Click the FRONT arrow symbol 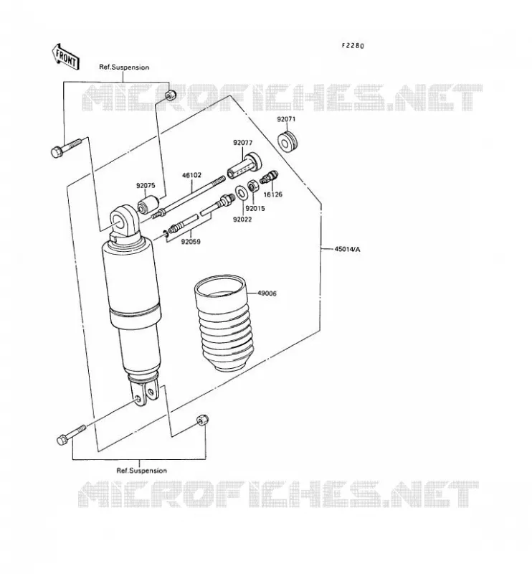tap(65, 57)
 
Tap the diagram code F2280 tap(353, 46)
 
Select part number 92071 tap(286, 119)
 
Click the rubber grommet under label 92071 tap(288, 141)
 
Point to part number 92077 tap(243, 143)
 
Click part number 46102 tap(191, 175)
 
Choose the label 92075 tap(146, 186)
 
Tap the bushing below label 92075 tap(148, 204)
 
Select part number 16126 tap(273, 194)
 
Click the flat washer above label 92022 tap(240, 192)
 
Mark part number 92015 tap(255, 209)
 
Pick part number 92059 tap(191, 242)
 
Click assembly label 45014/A tap(347, 249)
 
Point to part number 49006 tap(267, 293)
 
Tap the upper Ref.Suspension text tap(125, 67)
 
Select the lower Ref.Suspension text tap(141, 471)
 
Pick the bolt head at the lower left tap(62, 439)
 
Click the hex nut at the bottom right tap(202, 420)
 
